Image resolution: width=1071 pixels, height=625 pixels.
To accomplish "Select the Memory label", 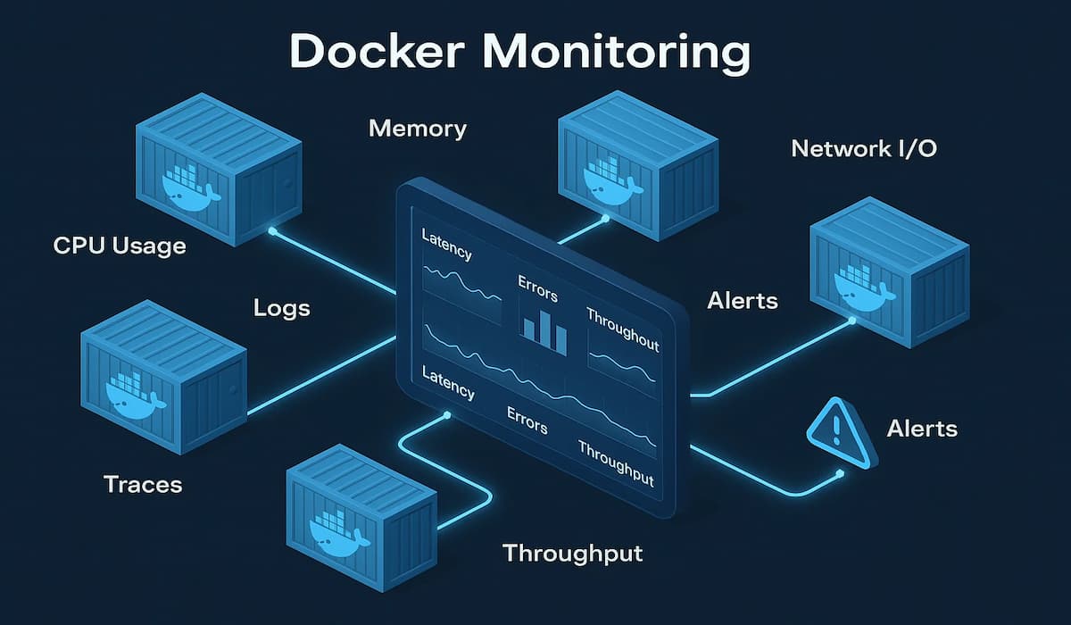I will coord(417,129).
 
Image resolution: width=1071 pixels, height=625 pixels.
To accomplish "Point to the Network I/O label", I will coord(863,148).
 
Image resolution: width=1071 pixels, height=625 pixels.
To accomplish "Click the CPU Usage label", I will coord(120,245).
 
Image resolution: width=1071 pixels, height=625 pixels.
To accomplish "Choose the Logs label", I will coord(281,308).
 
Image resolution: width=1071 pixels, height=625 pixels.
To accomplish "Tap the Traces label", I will coord(143,484).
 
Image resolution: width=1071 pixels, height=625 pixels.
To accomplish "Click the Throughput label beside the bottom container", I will coord(572,553).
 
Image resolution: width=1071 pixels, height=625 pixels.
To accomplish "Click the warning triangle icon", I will coord(837,432).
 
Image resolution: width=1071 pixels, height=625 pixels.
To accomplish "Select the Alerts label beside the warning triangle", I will coord(922,429).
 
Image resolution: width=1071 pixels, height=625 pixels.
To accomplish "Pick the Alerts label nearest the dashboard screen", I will coord(742,301).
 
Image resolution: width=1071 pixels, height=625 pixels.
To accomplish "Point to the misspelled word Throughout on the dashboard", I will coord(622,329).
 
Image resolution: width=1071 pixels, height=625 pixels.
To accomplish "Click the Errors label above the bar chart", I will coord(537,287).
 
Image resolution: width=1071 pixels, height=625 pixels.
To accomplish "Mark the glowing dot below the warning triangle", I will coord(839,473).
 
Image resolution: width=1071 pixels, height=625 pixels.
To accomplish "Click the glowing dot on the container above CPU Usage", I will coord(272,230).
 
